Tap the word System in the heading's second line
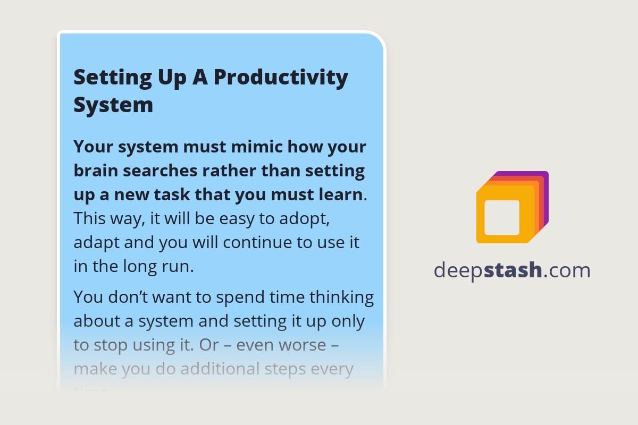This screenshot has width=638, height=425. [x=113, y=105]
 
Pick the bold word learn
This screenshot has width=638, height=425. [x=339, y=194]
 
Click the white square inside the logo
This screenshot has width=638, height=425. [x=502, y=217]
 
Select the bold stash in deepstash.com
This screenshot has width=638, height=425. [x=513, y=270]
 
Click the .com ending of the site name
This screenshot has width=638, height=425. [x=567, y=270]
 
